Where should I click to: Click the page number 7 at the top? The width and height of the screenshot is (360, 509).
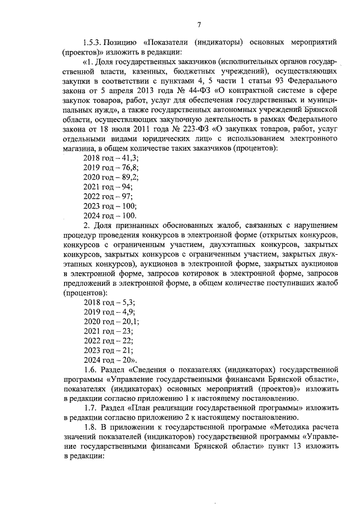(199, 24)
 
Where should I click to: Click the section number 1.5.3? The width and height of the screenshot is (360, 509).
(93, 42)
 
